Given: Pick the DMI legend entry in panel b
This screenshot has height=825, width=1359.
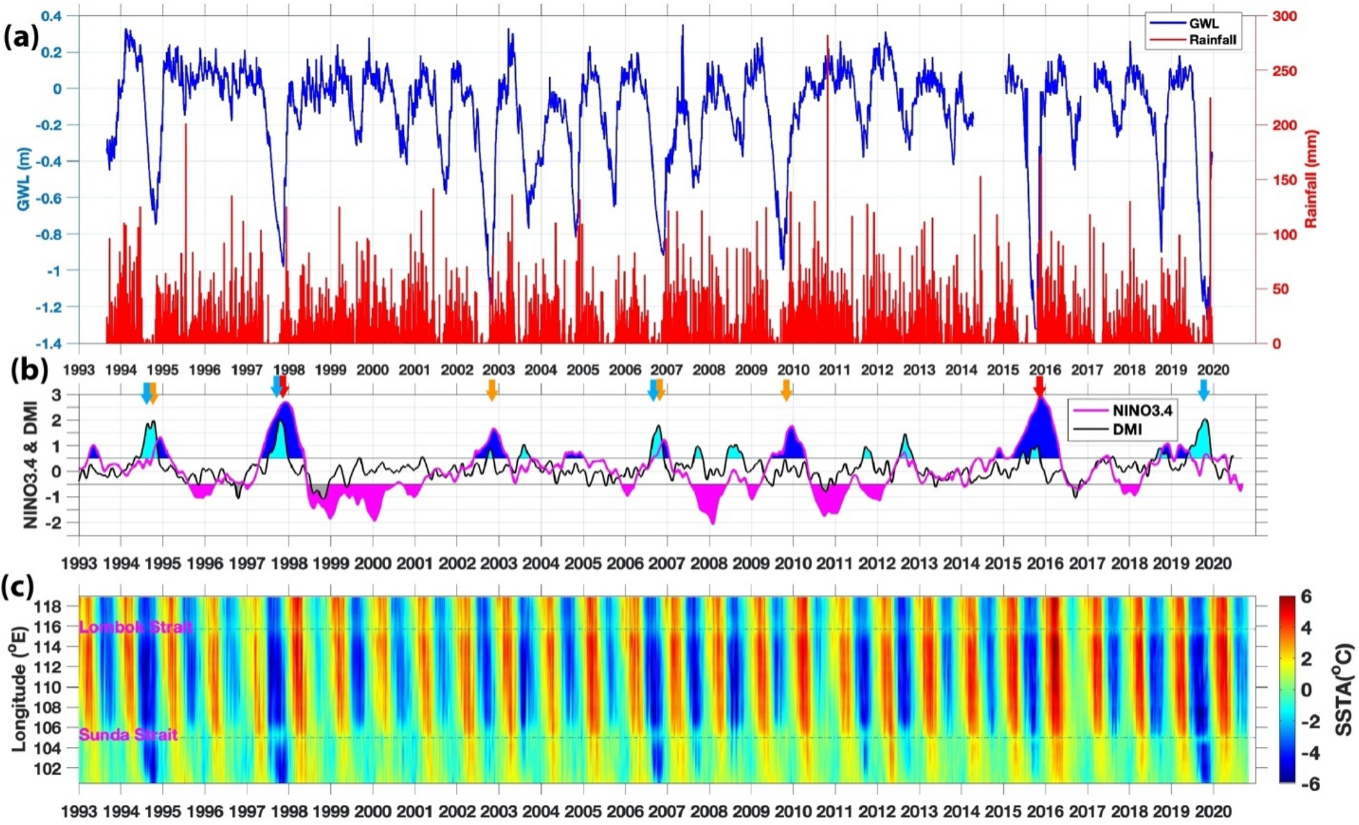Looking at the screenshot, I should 1126,429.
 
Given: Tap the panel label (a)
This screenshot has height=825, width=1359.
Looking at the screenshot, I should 22,35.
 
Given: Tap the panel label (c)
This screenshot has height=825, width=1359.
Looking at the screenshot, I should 19,588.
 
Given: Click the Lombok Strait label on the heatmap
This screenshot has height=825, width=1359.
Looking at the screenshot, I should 136,627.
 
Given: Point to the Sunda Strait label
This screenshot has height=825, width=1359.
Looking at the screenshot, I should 129,735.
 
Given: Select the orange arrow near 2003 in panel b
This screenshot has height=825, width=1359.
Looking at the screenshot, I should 492,390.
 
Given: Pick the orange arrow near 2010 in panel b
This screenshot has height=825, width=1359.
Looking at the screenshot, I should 786,390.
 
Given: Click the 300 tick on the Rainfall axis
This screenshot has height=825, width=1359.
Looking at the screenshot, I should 1283,16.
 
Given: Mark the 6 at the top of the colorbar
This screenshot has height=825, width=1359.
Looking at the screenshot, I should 1306,597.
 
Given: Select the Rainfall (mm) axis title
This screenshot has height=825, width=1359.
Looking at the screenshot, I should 1311,179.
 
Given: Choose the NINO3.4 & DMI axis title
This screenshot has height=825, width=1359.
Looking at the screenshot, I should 31,459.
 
